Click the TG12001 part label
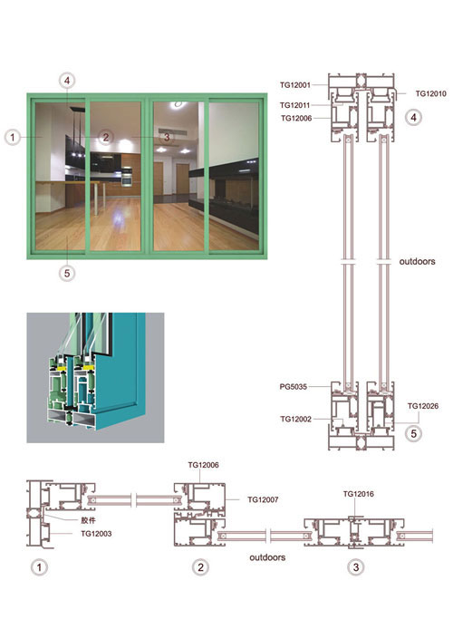coord(295,85)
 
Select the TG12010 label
coord(431,93)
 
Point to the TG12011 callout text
coord(294,105)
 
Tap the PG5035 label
coord(294,387)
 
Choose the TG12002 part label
coord(296,419)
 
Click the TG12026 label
coord(423,406)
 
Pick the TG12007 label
coord(263,499)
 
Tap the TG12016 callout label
coord(358,494)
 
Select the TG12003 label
coord(96,533)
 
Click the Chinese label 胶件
coord(89,520)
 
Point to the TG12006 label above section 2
coord(203,465)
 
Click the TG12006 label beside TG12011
coord(296,118)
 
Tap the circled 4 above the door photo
coord(67,81)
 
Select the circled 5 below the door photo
coord(67,273)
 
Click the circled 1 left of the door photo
coord(13,138)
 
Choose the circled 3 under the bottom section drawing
coord(356,567)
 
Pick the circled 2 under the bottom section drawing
coord(200,567)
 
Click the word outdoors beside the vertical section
coord(417,261)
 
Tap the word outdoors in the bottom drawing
coord(267,557)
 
